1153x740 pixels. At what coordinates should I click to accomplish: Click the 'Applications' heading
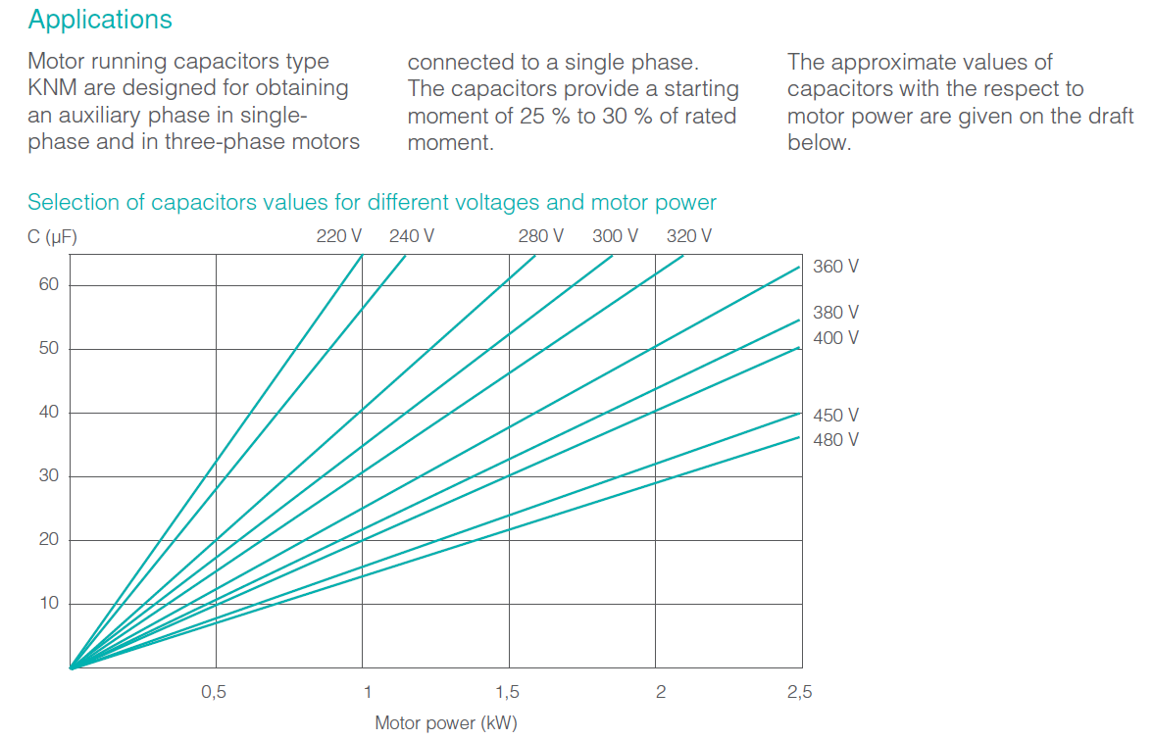point(100,20)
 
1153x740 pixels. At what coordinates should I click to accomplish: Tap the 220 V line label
point(339,236)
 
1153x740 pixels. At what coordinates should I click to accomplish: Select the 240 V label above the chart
point(412,236)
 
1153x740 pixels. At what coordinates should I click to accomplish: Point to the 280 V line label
point(541,236)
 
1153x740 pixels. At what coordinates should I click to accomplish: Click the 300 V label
point(615,236)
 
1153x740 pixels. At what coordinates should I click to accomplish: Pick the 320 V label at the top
point(689,236)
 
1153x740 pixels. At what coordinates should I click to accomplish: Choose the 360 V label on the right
point(835,267)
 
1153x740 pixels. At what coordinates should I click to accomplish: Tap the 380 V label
point(835,313)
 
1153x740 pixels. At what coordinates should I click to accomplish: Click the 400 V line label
point(835,338)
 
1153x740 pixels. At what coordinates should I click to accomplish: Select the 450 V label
point(835,416)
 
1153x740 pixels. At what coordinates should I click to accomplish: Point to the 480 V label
point(835,440)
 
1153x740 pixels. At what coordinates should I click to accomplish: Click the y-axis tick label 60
point(49,285)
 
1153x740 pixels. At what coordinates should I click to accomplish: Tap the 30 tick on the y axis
point(49,476)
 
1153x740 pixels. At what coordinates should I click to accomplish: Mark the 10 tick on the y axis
point(49,604)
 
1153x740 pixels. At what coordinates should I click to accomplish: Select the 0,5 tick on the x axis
point(214,692)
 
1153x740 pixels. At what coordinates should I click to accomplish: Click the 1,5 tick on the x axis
point(507,692)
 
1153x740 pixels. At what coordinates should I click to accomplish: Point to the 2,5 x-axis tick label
point(799,692)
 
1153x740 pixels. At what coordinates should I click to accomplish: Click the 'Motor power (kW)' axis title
point(446,724)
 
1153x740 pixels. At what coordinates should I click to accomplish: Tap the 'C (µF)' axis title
point(54,236)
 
